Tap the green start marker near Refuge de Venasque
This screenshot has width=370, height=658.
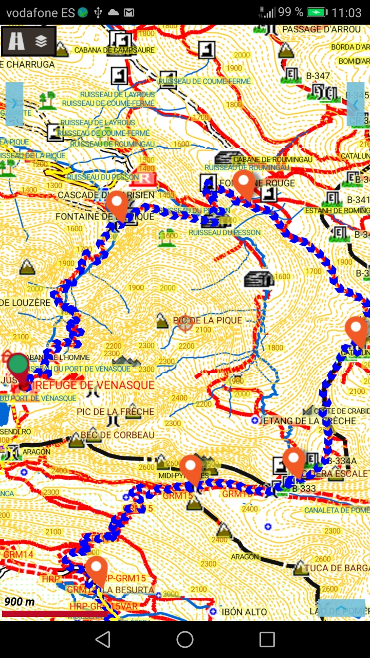(18, 363)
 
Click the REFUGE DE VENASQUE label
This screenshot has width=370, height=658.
(93, 385)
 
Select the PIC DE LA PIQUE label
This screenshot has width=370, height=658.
(208, 320)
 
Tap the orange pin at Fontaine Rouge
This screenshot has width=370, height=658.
(244, 184)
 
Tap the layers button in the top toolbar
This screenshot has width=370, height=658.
(41, 41)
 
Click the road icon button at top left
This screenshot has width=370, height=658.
(16, 41)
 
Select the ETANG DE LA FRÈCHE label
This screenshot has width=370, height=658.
(310, 421)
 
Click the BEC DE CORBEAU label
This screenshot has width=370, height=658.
(118, 435)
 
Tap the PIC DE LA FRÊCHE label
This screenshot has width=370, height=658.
(115, 412)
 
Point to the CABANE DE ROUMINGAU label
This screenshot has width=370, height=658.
(272, 159)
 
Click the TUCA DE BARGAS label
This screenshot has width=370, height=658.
(337, 568)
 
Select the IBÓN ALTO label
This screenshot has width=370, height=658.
(244, 612)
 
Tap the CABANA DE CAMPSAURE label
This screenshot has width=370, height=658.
(114, 50)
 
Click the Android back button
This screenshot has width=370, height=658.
(103, 639)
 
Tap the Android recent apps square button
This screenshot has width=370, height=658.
(267, 639)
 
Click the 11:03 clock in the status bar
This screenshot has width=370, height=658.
(347, 12)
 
